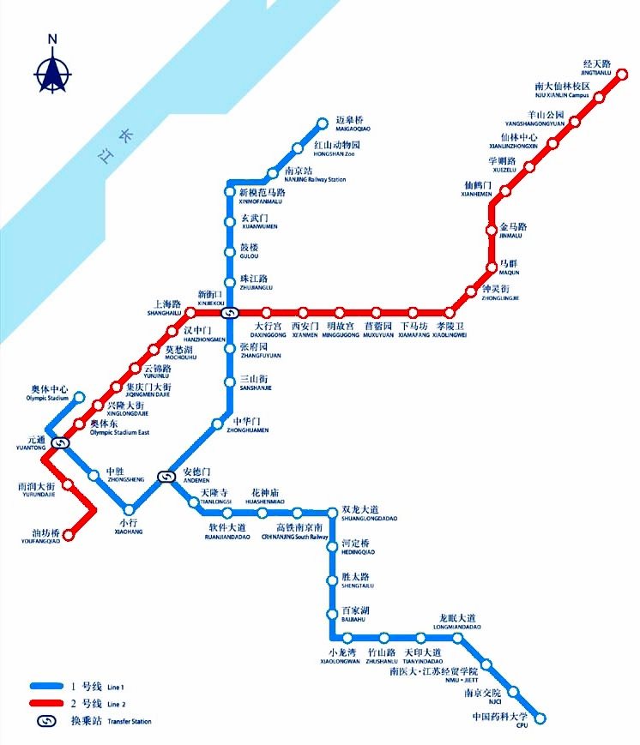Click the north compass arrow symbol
point(52,69)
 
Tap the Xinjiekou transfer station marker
point(229,312)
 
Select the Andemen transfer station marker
point(166,476)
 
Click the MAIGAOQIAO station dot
point(323,123)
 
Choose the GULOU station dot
point(229,252)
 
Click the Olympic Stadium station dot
point(79,397)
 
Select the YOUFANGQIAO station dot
point(70,535)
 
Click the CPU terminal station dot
point(540,717)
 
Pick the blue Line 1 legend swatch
point(48,686)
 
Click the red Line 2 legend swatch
point(48,703)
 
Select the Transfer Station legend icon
point(48,720)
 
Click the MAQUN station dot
point(492,267)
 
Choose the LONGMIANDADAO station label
point(456,622)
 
